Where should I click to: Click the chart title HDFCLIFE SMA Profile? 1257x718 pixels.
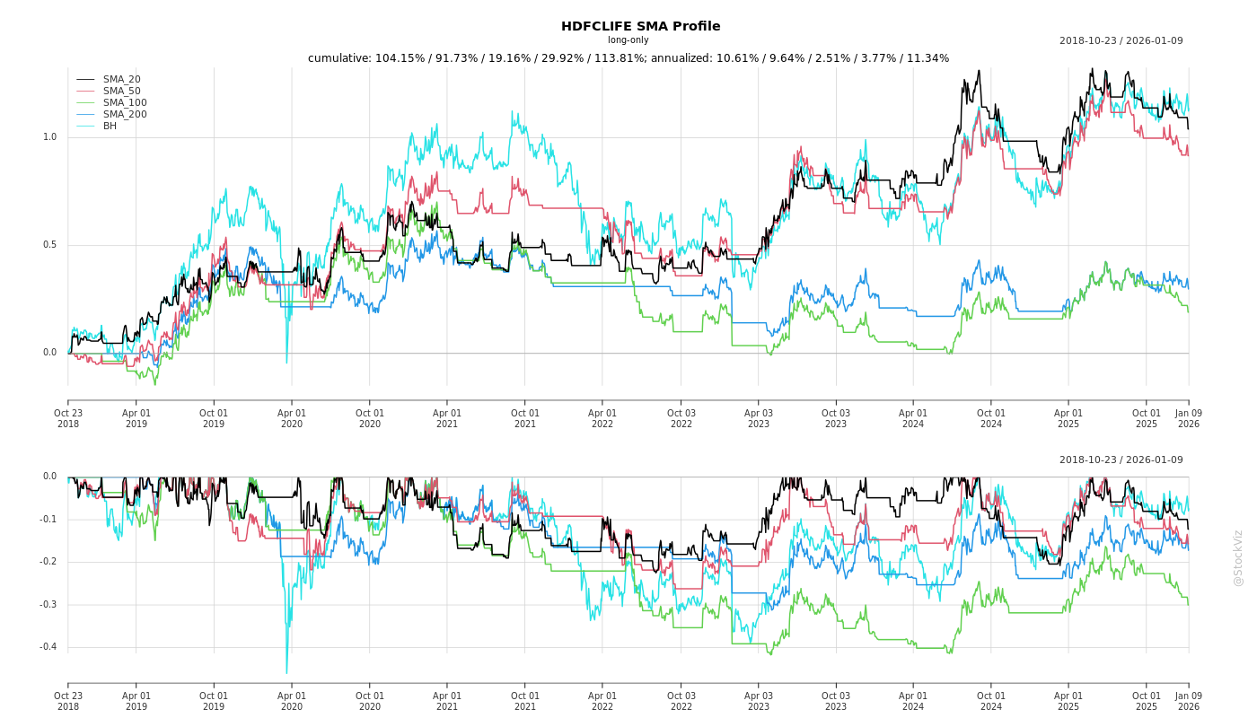point(640,26)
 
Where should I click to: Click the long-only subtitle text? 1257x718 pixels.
point(628,40)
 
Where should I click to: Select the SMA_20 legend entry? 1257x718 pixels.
point(121,80)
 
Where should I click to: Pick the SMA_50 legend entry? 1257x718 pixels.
point(121,92)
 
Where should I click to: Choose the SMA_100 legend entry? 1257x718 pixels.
point(125,103)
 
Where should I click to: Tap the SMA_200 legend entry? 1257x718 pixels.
point(125,115)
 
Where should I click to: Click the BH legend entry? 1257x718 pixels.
point(110,127)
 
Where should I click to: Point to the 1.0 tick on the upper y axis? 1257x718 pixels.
point(49,137)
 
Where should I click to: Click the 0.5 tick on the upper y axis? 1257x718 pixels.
point(49,245)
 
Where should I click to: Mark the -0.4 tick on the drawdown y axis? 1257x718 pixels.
point(48,647)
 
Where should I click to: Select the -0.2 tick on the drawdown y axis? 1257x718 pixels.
point(48,562)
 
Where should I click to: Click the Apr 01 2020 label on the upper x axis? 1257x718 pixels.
point(292,418)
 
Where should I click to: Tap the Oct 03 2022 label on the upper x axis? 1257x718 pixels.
point(681,418)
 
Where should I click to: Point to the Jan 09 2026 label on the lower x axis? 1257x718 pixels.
point(1188,701)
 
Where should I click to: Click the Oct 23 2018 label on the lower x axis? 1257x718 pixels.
point(68,701)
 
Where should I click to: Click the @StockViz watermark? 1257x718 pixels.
point(1238,557)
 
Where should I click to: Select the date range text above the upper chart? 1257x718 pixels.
point(1121,40)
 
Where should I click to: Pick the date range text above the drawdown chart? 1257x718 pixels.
point(1121,460)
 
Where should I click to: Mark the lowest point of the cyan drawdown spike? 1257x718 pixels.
point(286,673)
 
